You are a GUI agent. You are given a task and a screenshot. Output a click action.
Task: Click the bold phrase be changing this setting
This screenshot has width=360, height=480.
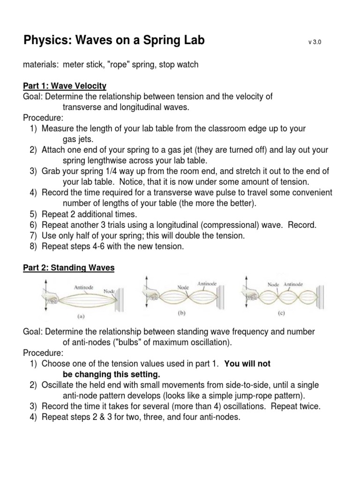pyautogui.click(x=111, y=375)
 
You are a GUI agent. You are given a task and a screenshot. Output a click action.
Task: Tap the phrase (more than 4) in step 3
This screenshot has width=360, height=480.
pyautogui.click(x=181, y=405)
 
